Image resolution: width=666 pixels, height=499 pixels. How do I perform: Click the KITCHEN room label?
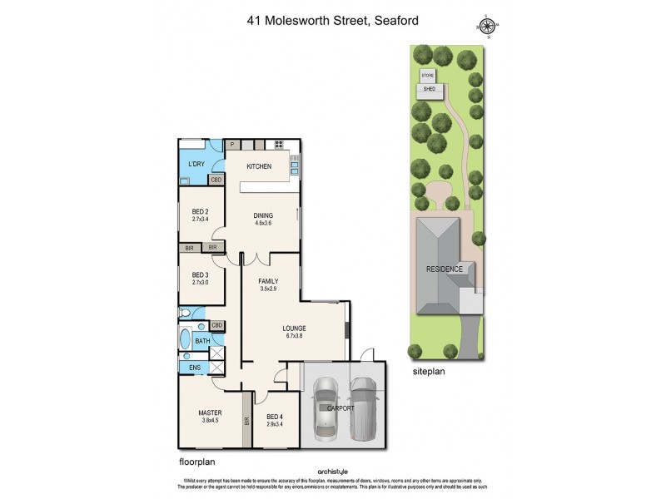coord(259,167)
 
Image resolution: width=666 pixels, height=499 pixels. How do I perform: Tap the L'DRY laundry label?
coord(196,164)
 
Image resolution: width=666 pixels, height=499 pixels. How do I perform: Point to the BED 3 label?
coord(200,275)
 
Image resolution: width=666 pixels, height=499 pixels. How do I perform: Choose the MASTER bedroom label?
coord(208,413)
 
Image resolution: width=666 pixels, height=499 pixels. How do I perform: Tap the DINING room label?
coord(263,215)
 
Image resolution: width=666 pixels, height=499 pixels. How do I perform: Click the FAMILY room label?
coord(267,281)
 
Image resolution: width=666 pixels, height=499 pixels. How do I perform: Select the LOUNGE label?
coord(296,329)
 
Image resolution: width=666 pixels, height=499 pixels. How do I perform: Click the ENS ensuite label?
coord(194,368)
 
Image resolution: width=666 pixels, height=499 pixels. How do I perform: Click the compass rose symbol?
coord(490,26)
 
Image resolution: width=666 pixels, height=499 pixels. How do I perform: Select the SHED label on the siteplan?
coord(430,87)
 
